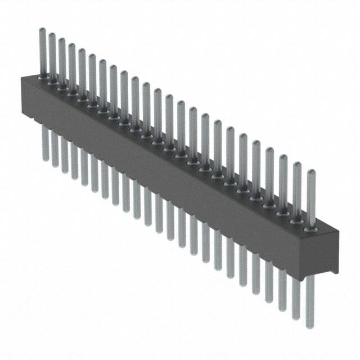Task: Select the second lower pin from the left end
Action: [55, 148]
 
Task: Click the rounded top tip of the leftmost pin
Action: [42, 30]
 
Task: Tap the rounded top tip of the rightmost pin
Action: [310, 171]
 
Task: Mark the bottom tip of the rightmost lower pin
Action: [310, 326]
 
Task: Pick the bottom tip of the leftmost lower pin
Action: [45, 159]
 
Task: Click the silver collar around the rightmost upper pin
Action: [309, 229]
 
